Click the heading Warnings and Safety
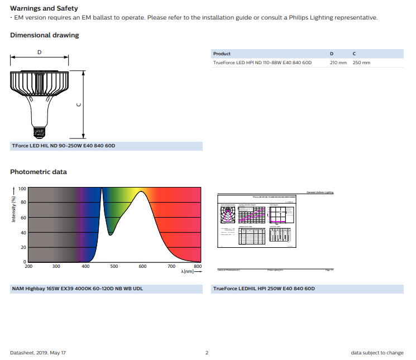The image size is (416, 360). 44,8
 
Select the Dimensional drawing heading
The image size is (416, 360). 44,35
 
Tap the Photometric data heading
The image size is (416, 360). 38,172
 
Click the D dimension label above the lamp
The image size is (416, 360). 39,52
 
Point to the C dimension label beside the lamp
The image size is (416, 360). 79,104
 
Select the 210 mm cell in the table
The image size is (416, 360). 338,63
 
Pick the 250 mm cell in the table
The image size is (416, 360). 361,63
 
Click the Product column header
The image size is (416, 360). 222,54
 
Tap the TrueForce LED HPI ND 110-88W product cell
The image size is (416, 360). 262,63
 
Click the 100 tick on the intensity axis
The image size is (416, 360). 22,189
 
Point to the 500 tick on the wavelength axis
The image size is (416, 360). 114,267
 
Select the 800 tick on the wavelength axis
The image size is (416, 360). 197,267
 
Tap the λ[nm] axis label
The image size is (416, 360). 187,271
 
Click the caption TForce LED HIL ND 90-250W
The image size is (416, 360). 63,146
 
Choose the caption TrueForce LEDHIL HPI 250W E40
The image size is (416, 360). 264,289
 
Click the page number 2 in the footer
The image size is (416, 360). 207,353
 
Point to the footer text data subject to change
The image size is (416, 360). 377,353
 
